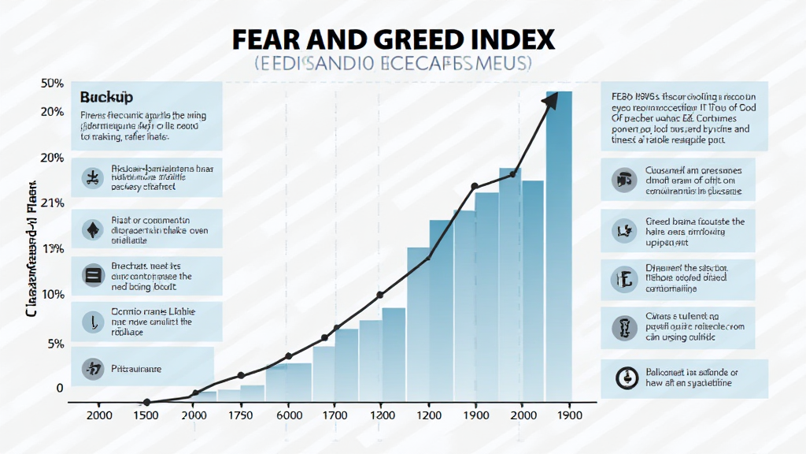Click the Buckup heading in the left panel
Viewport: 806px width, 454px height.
(x=106, y=97)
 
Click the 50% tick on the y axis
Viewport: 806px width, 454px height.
(x=52, y=84)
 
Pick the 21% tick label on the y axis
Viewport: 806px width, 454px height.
(x=52, y=203)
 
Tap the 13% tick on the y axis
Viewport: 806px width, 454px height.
(x=52, y=249)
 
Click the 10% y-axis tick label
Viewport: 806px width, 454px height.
(x=52, y=294)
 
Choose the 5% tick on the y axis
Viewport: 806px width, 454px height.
(x=55, y=344)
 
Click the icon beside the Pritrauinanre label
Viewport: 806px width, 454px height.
(x=93, y=367)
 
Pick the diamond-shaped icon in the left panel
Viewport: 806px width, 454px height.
(x=93, y=230)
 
